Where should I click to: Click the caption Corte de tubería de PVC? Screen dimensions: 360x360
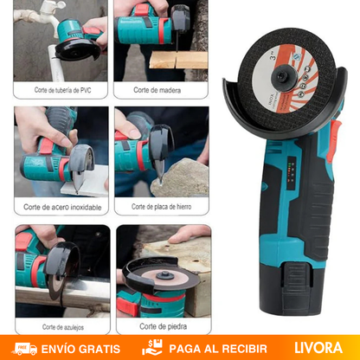coord(61,89)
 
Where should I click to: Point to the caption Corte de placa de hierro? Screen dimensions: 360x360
coord(161,208)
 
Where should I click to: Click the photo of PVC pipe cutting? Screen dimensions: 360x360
coord(61,42)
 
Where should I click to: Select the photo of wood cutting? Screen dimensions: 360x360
coord(161,42)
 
